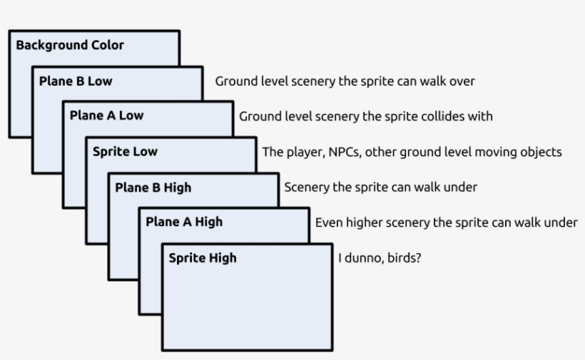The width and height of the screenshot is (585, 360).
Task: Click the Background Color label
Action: [70, 46]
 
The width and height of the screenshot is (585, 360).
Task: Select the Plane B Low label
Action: [75, 81]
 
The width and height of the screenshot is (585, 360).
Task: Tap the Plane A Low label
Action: [106, 116]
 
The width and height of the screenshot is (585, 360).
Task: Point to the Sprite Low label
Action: [125, 152]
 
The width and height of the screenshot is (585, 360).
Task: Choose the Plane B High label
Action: [153, 188]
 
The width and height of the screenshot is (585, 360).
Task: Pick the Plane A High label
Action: [184, 222]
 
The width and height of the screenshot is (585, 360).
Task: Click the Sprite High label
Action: [202, 258]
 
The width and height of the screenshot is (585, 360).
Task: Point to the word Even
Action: [328, 222]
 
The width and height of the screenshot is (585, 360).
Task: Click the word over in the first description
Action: [462, 81]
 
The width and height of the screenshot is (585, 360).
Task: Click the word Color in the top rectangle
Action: [107, 46]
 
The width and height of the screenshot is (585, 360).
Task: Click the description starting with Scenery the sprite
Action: [380, 188]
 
